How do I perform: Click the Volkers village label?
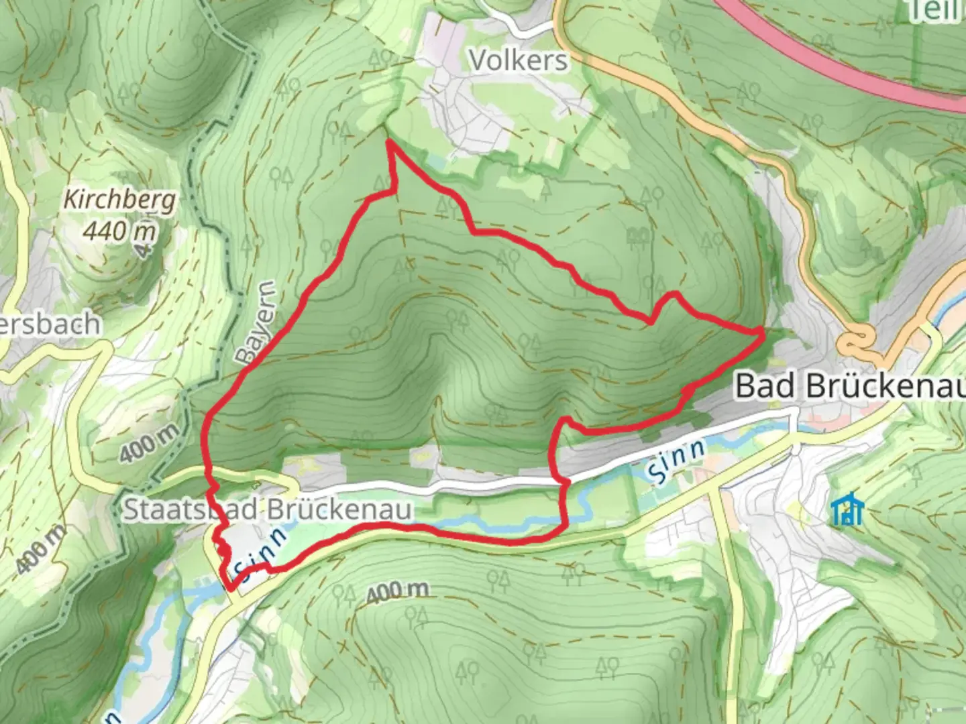coord(519,60)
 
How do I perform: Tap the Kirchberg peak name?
coord(120,200)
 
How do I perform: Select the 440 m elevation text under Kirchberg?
coord(120,231)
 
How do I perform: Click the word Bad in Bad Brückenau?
coord(767,386)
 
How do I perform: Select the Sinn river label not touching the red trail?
coord(677,461)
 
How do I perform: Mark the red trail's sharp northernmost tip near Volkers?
coord(389,141)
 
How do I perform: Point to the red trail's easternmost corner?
coord(762,330)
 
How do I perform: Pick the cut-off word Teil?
coord(936,10)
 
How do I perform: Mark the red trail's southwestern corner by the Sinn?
coord(231,589)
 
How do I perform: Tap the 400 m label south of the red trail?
coord(398,591)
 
